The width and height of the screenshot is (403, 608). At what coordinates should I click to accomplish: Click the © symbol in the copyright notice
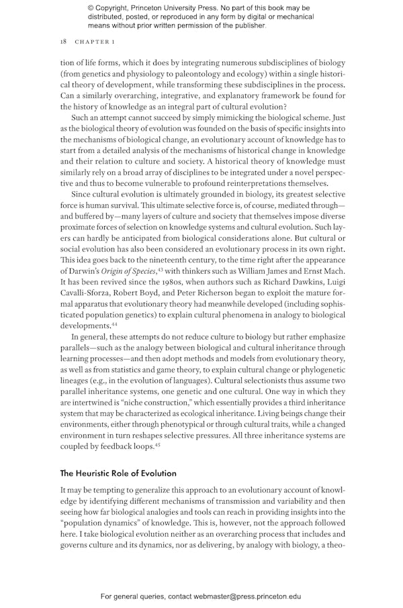[x=91, y=7]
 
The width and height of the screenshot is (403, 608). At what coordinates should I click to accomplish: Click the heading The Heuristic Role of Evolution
[x=118, y=472]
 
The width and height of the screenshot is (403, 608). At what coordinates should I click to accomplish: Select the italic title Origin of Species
[x=134, y=270]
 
